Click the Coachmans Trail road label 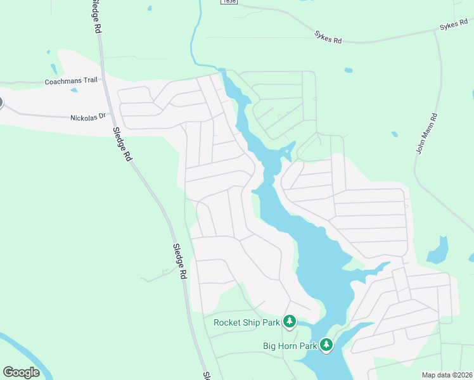pos(71,82)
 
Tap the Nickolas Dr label pos(86,117)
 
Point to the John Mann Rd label pos(426,134)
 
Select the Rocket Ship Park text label pos(247,322)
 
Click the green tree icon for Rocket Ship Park pos(290,322)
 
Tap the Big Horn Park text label pos(289,346)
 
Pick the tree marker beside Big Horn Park pos(326,345)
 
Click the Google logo pos(21,372)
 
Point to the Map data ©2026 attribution pos(447,375)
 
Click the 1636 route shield pos(229,2)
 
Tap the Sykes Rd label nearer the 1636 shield pos(328,37)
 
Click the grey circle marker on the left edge pos(1,102)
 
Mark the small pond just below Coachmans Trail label pos(74,90)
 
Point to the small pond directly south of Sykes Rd pos(349,70)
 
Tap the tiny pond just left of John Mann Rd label pos(394,134)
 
